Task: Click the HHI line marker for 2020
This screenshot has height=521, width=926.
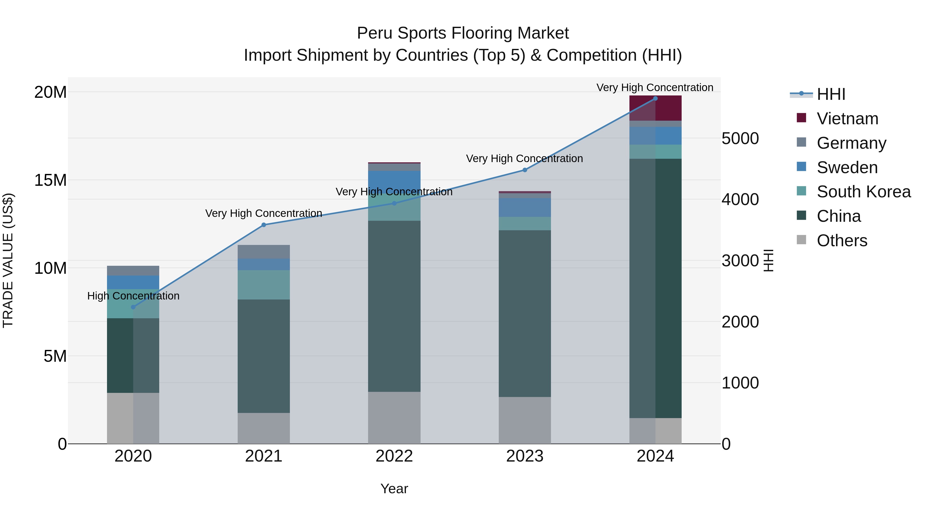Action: [x=133, y=307]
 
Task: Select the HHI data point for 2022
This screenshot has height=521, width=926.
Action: [x=394, y=203]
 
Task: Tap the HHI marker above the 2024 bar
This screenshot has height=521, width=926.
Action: [x=655, y=99]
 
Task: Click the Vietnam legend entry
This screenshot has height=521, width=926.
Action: [x=847, y=119]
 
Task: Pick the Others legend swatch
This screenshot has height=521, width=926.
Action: [x=801, y=240]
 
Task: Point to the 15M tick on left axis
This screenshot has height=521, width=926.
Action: [x=50, y=180]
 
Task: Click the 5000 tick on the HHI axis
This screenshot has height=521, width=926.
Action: [x=740, y=138]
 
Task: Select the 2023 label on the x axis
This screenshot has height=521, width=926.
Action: [x=524, y=456]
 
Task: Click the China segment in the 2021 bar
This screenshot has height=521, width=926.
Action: [x=263, y=356]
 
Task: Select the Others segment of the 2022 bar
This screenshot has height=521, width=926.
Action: [x=394, y=418]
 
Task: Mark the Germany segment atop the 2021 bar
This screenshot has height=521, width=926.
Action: [x=263, y=252]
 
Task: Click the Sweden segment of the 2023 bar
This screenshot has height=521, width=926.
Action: [x=524, y=207]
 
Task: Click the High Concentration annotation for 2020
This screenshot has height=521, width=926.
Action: [x=133, y=296]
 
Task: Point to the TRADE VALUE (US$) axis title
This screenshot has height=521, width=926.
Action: [x=8, y=260]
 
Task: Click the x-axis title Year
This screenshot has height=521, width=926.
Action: [x=394, y=489]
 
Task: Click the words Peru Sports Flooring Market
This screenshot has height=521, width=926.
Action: [x=463, y=33]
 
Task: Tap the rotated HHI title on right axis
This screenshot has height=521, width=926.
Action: [x=768, y=260]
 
